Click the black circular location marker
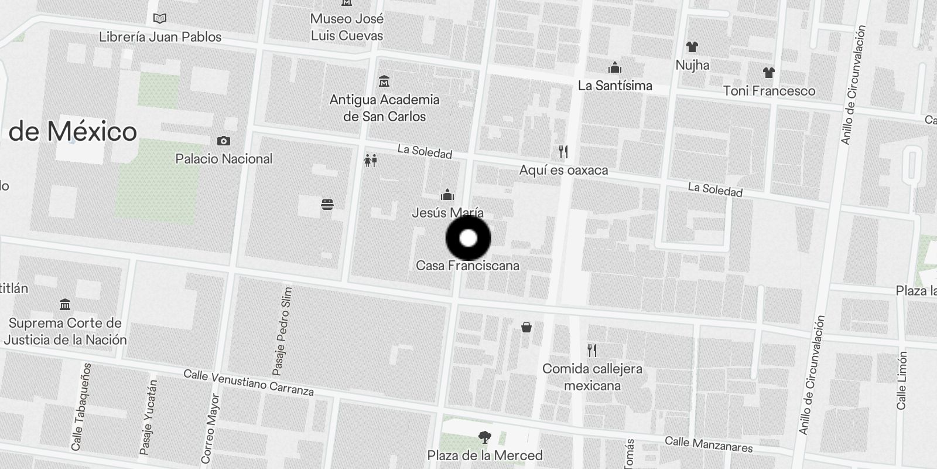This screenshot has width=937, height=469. [468, 238]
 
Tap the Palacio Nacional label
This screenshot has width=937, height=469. [224, 159]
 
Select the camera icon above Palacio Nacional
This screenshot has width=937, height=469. [223, 141]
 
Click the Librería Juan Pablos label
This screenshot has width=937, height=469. [160, 37]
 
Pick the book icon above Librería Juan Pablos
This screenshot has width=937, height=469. [159, 19]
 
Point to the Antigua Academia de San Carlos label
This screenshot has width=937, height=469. [384, 108]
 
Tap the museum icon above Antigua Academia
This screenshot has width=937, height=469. [384, 81]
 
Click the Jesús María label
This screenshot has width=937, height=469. [447, 213]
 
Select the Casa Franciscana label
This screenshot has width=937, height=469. [467, 266]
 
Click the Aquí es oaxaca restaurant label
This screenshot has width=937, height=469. [563, 170]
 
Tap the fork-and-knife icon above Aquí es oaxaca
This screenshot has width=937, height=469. [563, 152]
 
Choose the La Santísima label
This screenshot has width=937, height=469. [615, 86]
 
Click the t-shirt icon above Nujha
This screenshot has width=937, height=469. [692, 47]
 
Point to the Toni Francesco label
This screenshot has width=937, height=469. [769, 91]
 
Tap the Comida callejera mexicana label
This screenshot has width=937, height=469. [592, 377]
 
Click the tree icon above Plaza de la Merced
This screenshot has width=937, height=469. [484, 437]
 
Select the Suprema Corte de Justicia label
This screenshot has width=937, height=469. [65, 331]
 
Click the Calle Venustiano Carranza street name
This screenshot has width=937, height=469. [248, 382]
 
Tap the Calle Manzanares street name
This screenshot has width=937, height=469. [709, 444]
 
